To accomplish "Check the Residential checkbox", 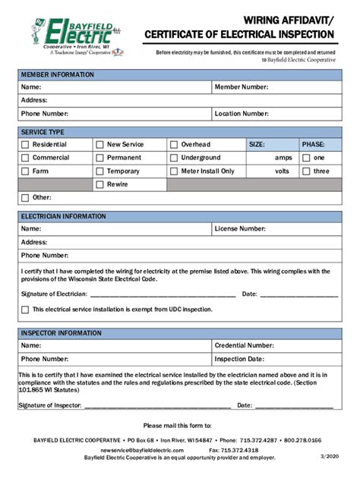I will (25, 144).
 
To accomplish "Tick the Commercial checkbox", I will (25, 158).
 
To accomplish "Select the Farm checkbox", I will (25, 171).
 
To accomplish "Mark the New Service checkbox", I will (99, 144).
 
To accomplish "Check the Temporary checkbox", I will (99, 171).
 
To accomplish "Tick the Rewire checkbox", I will (99, 184).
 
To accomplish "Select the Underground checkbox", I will (174, 158).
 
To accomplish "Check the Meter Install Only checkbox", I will (174, 171).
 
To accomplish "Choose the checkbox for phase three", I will (306, 171).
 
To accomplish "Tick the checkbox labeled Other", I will (25, 198).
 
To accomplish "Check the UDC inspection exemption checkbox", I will (25, 310).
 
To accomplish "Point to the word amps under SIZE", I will (283, 158).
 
